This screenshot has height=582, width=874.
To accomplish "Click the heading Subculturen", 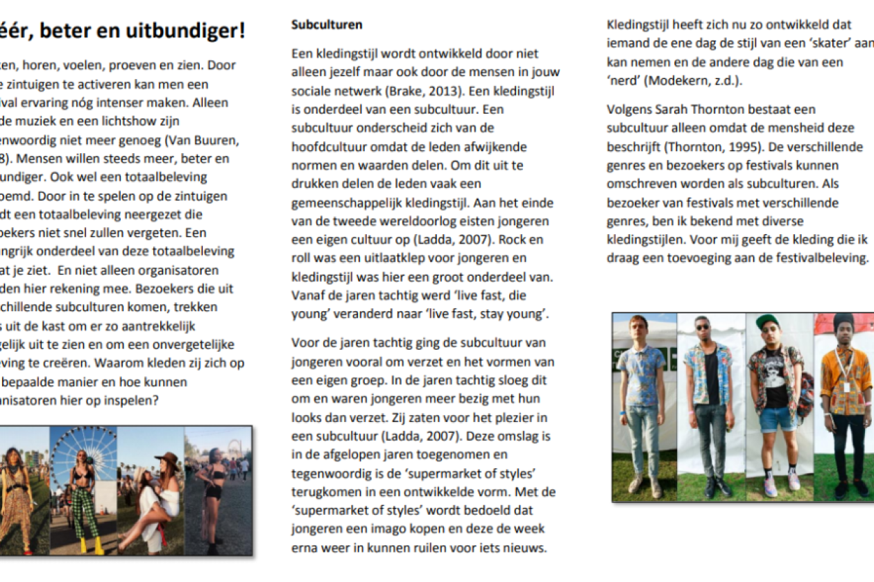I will coord(327,25).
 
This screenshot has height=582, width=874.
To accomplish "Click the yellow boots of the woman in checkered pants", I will coord(89,545).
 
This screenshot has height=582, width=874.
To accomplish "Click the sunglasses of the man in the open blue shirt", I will coord(702,327).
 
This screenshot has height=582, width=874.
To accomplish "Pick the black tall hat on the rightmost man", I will coord(843,320).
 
